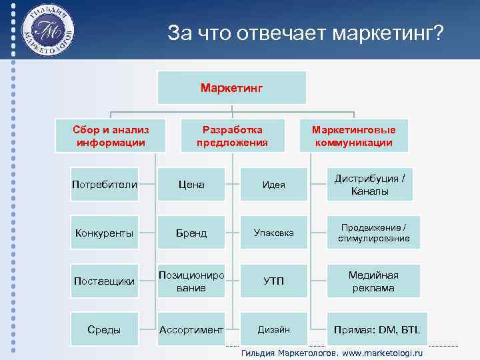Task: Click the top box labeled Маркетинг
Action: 232,87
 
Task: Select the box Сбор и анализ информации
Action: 112,136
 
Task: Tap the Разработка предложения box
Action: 232,136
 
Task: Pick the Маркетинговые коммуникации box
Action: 353,136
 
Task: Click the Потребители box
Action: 105,184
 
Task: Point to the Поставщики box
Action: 105,281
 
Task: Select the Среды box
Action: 105,329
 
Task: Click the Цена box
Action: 191,184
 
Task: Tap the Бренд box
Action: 191,233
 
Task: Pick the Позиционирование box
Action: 191,281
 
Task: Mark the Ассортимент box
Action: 191,329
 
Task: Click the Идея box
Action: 274,184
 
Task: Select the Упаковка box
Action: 274,233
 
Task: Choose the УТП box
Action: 274,281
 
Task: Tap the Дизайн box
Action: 274,329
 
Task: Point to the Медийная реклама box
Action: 373,281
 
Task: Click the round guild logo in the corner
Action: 47,30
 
